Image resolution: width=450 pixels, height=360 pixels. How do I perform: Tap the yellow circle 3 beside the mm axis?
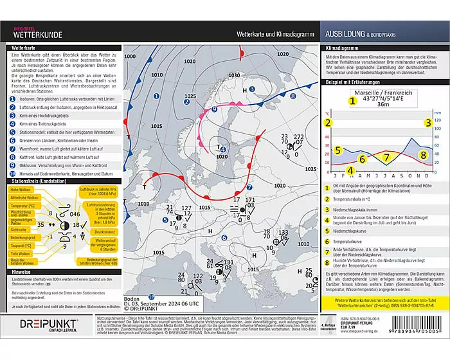(428, 122)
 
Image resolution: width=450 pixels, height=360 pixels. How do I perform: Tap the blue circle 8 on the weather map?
(292, 96)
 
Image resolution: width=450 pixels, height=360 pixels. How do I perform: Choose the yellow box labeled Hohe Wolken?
(24, 189)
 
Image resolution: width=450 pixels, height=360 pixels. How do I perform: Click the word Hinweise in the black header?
(23, 271)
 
